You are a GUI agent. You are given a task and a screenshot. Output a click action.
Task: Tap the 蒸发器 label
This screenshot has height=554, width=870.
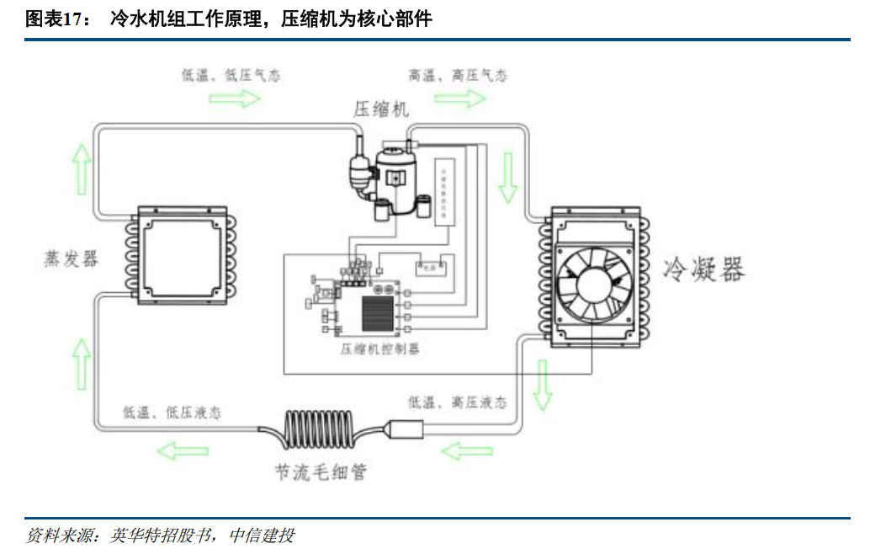click(71, 258)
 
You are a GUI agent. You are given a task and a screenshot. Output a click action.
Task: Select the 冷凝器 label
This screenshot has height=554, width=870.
click(703, 269)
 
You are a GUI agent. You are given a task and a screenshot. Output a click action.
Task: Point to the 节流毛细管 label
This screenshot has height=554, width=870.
click(321, 471)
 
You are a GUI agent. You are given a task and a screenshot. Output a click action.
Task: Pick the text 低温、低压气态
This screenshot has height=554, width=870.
click(231, 76)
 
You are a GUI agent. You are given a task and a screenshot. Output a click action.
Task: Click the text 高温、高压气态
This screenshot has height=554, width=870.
click(458, 76)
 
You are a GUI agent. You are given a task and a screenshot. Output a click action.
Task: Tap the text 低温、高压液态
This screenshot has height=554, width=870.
click(458, 402)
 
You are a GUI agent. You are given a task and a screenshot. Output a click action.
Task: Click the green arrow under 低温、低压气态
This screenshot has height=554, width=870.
click(235, 99)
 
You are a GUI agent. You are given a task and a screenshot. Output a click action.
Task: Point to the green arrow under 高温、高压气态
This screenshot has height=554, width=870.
click(460, 99)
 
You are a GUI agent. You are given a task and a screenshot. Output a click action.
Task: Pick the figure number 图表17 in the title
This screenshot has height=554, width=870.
click(56, 19)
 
